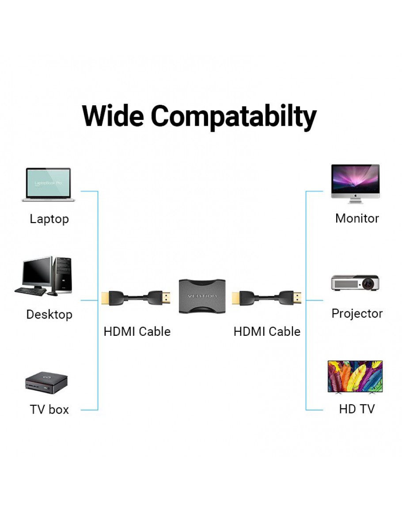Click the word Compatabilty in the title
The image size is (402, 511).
[x=234, y=116]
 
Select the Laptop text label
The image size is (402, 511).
[x=49, y=219]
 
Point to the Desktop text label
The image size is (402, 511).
[x=49, y=315]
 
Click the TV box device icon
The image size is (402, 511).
[x=46, y=383]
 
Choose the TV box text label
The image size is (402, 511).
[x=49, y=410]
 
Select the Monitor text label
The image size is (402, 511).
[x=357, y=218]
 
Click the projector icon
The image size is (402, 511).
[x=355, y=283]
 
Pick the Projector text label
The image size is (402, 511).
[x=357, y=314]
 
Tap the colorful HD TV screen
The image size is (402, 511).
[x=355, y=376]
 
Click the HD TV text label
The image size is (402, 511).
[x=357, y=409]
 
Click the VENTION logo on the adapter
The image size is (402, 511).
[x=202, y=296]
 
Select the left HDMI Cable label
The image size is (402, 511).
[x=137, y=331]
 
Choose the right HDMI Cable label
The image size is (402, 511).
[x=267, y=331]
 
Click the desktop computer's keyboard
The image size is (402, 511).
[x=30, y=291]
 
